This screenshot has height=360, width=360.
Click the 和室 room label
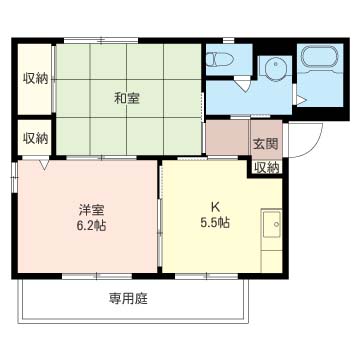point(127,99)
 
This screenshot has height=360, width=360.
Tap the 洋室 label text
point(91,210)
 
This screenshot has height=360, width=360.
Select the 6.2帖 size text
point(91,226)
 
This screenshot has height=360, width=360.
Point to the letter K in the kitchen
point(215,208)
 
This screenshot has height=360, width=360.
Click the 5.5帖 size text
point(215,222)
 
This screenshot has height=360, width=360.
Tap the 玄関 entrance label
point(265,144)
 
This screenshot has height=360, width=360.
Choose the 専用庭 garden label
point(128,299)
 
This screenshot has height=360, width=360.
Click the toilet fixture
point(219,60)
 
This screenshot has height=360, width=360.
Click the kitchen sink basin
point(272,223)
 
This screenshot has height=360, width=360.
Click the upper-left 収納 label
point(35,79)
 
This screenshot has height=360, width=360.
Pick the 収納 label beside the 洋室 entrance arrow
point(35,138)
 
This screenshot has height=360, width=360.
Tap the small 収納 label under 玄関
point(267,169)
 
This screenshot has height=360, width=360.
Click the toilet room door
point(243,83)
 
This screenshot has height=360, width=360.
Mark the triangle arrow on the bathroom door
point(300,100)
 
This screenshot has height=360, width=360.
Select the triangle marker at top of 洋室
point(44,165)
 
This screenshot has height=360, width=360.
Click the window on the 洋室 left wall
point(14,177)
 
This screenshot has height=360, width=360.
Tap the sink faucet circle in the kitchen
point(276,224)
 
